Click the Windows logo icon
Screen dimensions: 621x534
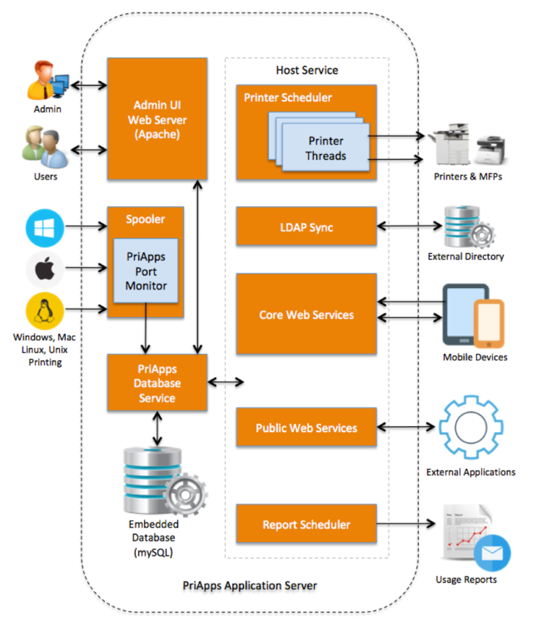click(45, 228)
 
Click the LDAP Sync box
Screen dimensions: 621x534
click(306, 227)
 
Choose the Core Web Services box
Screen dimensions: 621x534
click(306, 314)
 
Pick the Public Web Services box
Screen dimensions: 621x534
click(306, 427)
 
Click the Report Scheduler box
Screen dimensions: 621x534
click(306, 524)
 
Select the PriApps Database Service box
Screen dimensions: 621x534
click(157, 383)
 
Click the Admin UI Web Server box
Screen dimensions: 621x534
click(157, 119)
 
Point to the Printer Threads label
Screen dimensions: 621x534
click(325, 148)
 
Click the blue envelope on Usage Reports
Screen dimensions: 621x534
click(492, 553)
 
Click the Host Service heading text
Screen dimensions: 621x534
click(307, 70)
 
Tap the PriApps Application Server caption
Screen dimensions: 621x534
click(250, 586)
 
